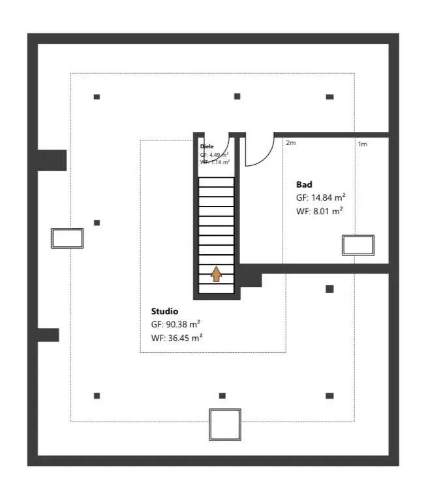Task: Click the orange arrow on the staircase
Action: (x=216, y=273)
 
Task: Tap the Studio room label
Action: (x=164, y=311)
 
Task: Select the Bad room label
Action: (x=304, y=184)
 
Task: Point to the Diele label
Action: (x=207, y=146)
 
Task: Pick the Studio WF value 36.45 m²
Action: (x=176, y=337)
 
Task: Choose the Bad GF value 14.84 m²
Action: (x=320, y=197)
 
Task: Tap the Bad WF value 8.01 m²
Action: (x=319, y=210)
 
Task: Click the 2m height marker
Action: (x=290, y=143)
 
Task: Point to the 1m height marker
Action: (x=362, y=144)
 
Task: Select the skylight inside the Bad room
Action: (x=359, y=245)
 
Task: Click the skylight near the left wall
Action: (x=67, y=238)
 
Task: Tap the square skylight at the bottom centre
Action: (x=225, y=424)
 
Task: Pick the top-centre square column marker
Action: (x=237, y=96)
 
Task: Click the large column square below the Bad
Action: (x=329, y=289)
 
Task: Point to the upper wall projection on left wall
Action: (x=52, y=160)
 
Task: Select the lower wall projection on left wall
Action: (x=48, y=335)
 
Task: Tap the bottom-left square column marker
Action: (x=97, y=395)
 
